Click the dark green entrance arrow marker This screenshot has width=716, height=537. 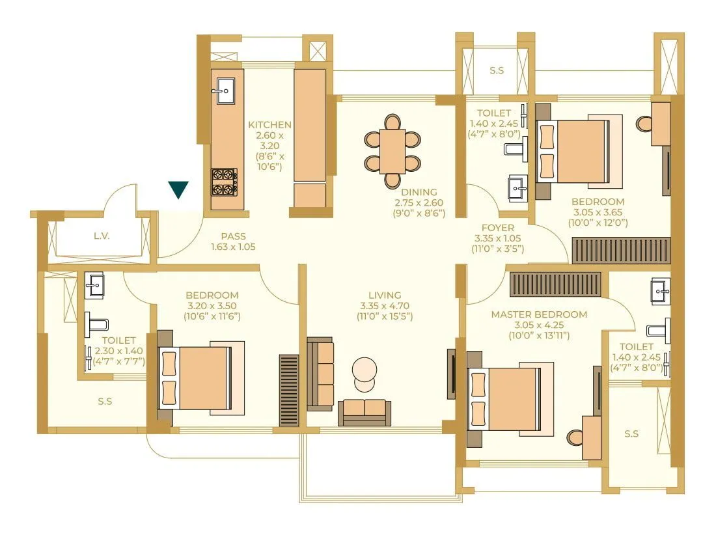pos(178,189)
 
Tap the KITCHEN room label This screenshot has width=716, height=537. pos(269,124)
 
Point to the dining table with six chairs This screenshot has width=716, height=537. pos(392,151)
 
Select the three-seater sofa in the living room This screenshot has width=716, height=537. pos(320,374)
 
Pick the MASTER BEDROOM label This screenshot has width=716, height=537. pos(538,314)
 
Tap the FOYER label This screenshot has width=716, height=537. pos(497,228)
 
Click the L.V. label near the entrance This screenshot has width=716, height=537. pos(101,235)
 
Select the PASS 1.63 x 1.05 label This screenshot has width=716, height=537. pos(233,241)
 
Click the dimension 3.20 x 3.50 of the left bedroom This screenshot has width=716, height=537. pos(212,305)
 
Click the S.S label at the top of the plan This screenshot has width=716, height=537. pos(496,70)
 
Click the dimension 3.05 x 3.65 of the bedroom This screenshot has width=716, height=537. pos(598,212)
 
